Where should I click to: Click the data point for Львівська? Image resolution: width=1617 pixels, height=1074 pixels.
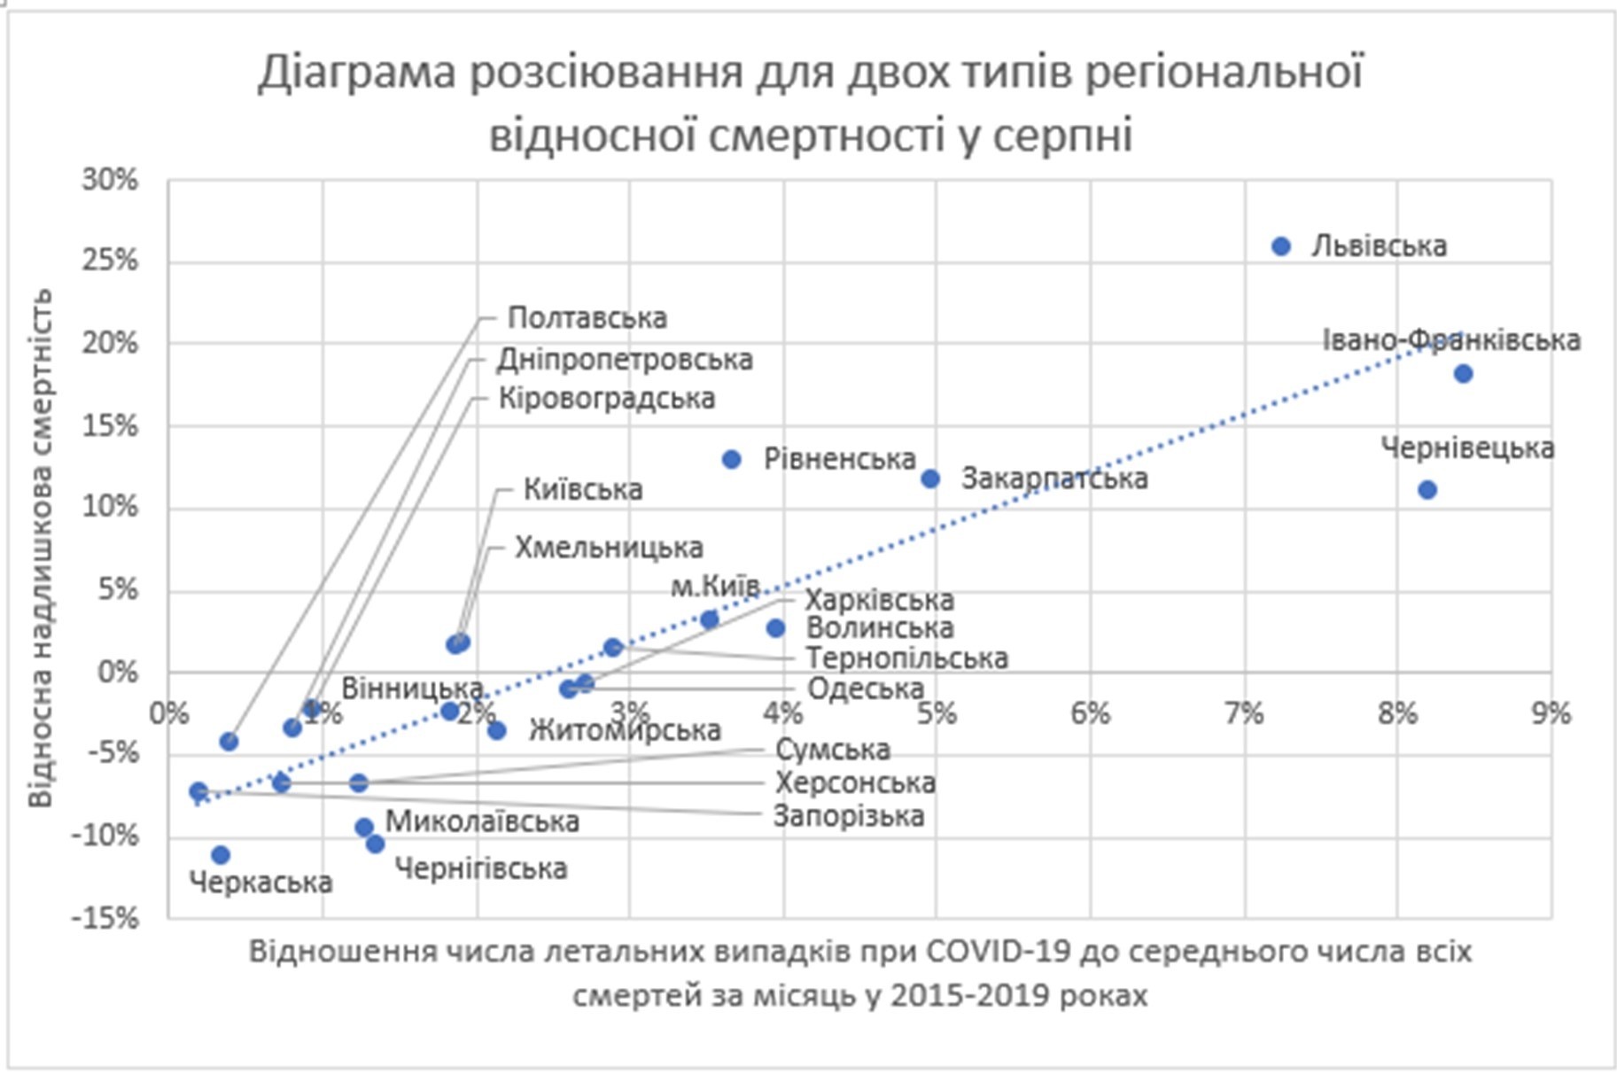[1281, 246]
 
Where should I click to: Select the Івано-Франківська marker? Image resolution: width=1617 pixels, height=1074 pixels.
[1463, 374]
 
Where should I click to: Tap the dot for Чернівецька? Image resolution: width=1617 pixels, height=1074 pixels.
[1427, 489]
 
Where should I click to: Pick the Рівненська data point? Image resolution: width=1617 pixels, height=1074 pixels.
[731, 459]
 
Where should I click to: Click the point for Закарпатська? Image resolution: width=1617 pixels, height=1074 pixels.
[930, 479]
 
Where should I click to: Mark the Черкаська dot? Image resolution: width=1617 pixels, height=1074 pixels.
[221, 855]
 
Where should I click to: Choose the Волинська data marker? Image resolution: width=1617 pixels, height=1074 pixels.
[775, 628]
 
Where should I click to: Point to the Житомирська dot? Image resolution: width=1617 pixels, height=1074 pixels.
[497, 730]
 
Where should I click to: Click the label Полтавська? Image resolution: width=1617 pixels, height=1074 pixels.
[587, 318]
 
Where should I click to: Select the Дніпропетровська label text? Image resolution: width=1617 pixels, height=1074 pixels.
[624, 360]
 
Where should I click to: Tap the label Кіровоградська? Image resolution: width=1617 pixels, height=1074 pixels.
[606, 399]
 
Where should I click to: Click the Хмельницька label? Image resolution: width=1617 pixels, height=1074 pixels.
[609, 548]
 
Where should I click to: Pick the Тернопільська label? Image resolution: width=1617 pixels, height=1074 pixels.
[906, 658]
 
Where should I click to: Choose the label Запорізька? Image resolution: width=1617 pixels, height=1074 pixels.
[848, 816]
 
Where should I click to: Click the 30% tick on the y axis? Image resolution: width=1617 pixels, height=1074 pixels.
[111, 180]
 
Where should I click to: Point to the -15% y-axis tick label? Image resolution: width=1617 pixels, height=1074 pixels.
[106, 917]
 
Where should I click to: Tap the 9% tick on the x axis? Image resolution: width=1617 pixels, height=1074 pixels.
[1551, 713]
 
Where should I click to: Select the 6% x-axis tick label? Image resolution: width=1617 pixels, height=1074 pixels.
[1090, 713]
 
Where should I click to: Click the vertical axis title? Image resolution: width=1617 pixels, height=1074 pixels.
[41, 548]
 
